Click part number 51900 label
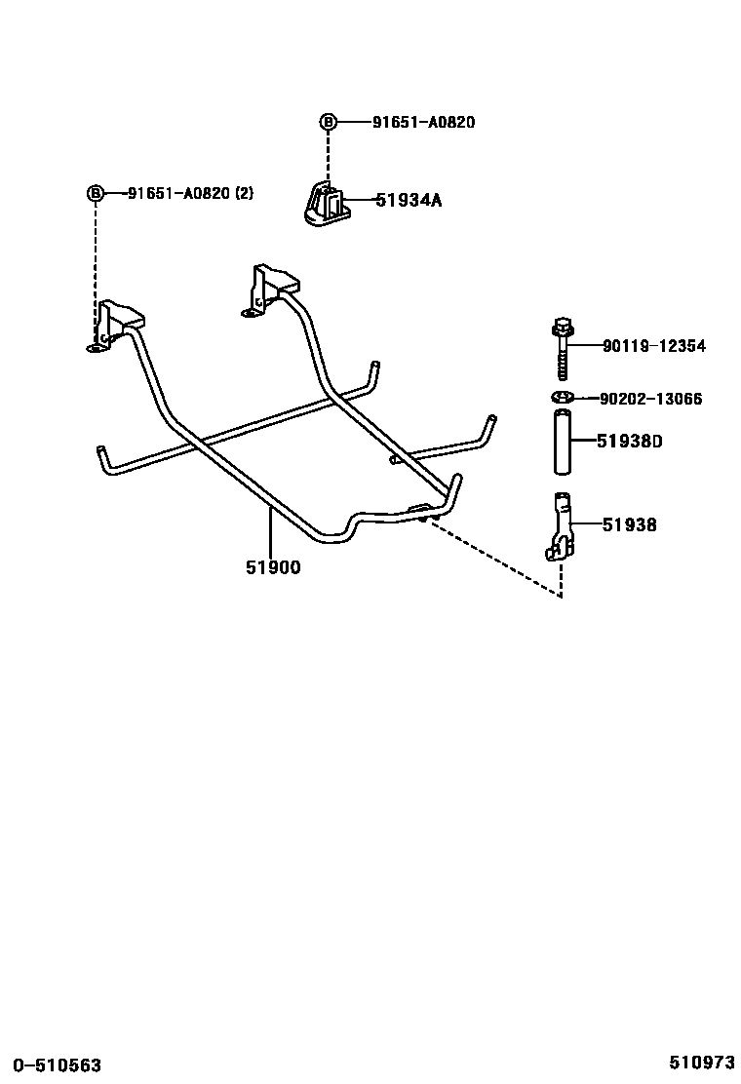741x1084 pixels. pos(273,567)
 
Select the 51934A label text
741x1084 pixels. pos(409,201)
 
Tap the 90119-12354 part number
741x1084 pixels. pos(653,346)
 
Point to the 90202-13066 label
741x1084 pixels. pos(650,399)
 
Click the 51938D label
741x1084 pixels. pos(630,442)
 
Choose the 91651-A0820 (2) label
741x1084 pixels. pos(190,193)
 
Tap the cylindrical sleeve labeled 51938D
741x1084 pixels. pos(562,444)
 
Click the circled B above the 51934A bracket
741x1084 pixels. pos(329,122)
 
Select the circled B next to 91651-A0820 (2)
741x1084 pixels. pos(96,193)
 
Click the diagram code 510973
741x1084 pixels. pos(701,1062)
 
